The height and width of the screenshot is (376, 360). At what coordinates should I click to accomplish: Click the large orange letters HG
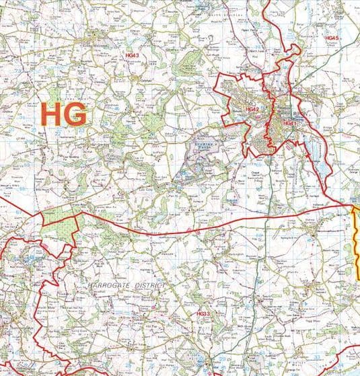[64, 114]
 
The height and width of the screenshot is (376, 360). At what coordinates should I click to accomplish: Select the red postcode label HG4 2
[252, 109]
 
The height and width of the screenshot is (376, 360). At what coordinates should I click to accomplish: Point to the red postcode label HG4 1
[289, 124]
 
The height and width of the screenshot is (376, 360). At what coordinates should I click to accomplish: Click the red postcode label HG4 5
[331, 38]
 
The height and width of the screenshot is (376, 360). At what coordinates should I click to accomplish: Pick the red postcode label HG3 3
[203, 314]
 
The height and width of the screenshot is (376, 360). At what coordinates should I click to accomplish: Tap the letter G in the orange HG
[76, 114]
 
